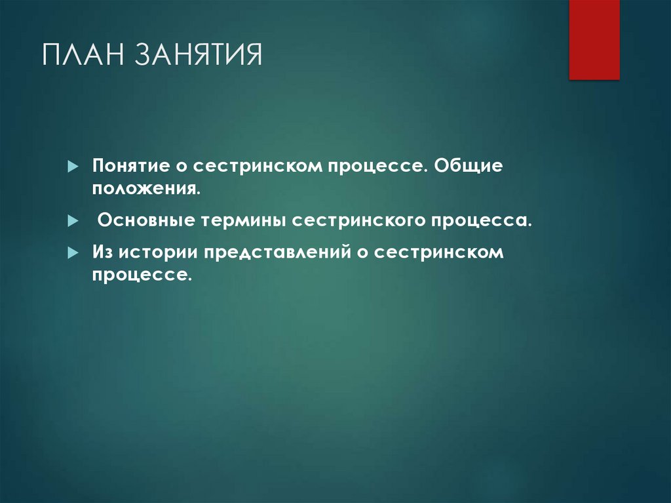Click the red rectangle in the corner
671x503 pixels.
point(594,39)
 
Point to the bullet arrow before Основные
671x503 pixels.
point(72,221)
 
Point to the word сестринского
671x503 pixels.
point(357,220)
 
